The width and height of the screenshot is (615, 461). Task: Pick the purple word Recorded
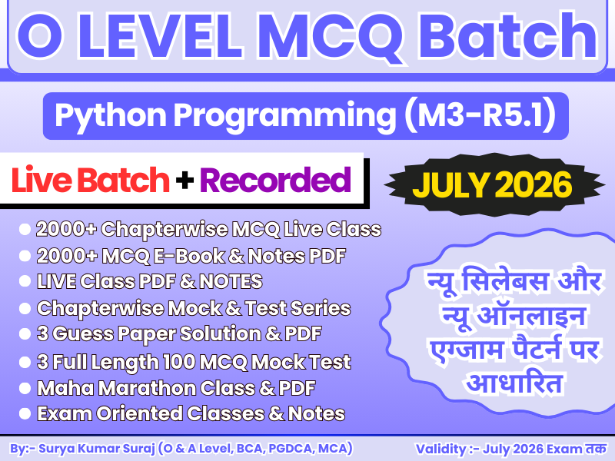[275, 180]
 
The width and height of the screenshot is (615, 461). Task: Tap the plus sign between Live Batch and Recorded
[184, 181]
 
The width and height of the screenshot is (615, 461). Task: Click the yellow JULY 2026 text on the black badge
[493, 184]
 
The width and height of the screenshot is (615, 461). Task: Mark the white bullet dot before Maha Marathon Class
[25, 387]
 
